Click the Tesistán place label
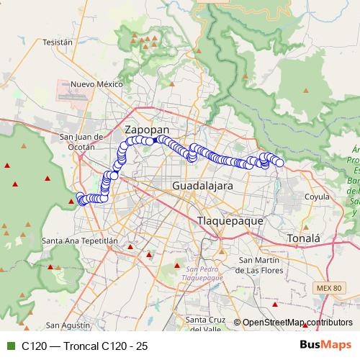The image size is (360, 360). (58, 42)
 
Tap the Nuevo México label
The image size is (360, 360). (97, 84)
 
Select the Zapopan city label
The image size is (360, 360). (147, 130)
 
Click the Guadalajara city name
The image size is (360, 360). (202, 186)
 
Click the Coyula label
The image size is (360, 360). (317, 196)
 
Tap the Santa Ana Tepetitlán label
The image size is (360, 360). (77, 240)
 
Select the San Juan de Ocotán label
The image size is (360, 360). (76, 141)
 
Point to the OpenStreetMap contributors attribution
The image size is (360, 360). (297, 323)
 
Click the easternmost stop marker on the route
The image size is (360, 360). (279, 163)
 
